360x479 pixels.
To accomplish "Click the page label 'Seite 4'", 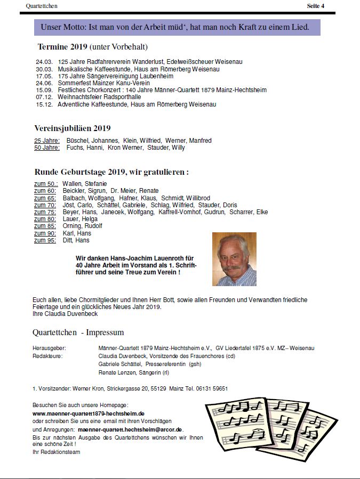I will [315, 6].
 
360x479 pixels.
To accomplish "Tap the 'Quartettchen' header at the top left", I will [42, 6].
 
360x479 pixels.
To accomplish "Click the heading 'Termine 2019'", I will [62, 47].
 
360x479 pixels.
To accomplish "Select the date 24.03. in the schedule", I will [44, 62].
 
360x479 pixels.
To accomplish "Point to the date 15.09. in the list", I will [44, 91].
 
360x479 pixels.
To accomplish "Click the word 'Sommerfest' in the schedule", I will [73, 84].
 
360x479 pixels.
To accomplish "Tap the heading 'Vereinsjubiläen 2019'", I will [73, 128].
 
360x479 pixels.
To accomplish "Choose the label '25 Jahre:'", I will [47, 141].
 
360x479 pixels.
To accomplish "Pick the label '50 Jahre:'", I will [47, 148].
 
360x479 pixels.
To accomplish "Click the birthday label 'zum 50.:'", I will [46, 184].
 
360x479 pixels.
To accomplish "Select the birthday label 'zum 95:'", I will [45, 240].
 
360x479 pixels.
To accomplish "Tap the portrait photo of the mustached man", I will [234, 259].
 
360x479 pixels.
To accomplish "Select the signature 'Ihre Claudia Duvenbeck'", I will [65, 314].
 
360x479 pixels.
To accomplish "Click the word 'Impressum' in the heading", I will [106, 332].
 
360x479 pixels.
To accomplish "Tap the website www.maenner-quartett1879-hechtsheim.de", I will [89, 413].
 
